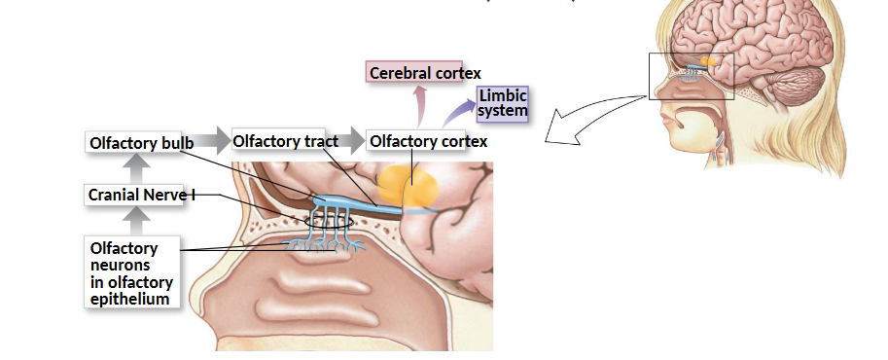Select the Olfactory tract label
pyautogui.click(x=285, y=142)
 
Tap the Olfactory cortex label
pyautogui.click(x=428, y=142)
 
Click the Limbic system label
pyautogui.click(x=502, y=103)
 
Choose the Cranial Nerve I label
pyautogui.click(x=141, y=195)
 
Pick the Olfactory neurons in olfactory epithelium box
pyautogui.click(x=132, y=273)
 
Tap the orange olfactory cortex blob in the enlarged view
pyautogui.click(x=408, y=186)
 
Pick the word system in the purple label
pyautogui.click(x=503, y=111)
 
